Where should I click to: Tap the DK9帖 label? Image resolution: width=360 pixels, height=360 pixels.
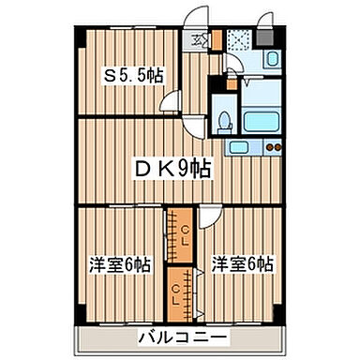tap(174, 168)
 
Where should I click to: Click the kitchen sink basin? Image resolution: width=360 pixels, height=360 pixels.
tap(240, 146)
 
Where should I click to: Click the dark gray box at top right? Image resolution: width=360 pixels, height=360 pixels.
tap(271, 38)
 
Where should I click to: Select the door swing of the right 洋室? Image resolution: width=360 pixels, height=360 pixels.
tap(210, 214)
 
